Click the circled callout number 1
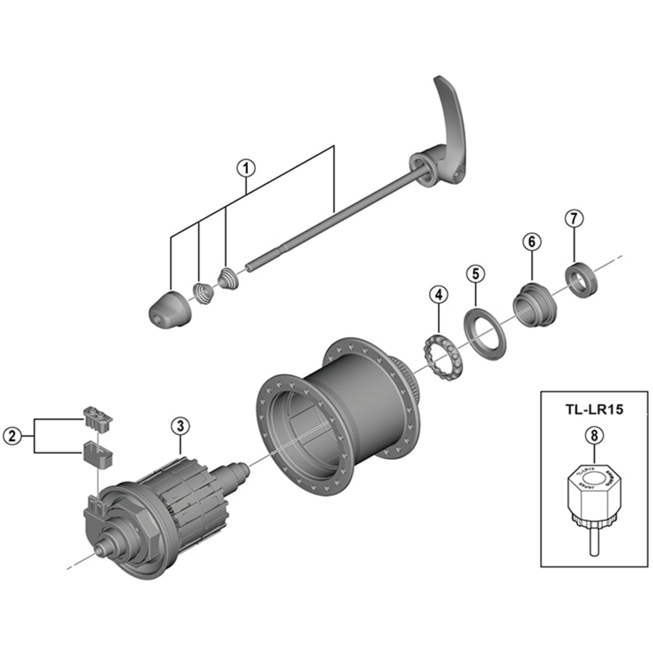(246, 168)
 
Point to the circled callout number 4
(438, 295)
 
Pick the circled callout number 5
(476, 274)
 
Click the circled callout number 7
(575, 218)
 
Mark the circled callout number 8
(595, 435)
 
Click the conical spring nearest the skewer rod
(229, 278)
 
